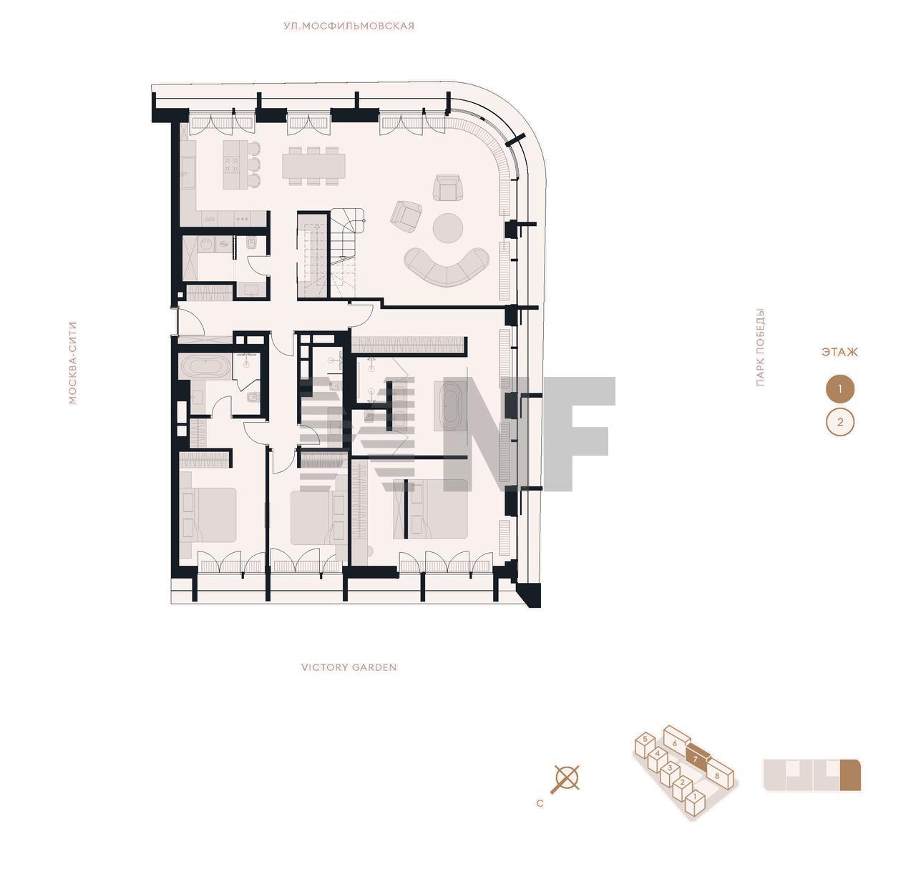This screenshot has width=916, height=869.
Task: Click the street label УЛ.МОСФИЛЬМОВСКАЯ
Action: coord(349,26)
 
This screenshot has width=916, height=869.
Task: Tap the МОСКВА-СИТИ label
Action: coord(72,363)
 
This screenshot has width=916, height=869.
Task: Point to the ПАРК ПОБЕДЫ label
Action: coord(760,348)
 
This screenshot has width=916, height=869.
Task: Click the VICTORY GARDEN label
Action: coord(349,667)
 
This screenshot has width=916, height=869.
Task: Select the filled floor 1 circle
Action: coord(840,389)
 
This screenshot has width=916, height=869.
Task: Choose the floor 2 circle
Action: coord(840,423)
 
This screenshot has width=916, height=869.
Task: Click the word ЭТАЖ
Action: coord(839,352)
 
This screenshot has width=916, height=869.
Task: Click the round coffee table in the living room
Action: coord(448,228)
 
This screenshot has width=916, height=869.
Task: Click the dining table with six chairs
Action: coord(313,166)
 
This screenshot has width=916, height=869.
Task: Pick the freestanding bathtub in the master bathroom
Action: coord(451,406)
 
